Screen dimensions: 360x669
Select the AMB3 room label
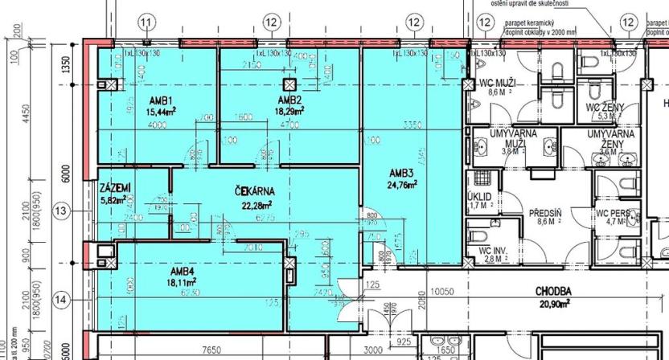(x=401, y=173)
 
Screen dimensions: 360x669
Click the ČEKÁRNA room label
(x=256, y=191)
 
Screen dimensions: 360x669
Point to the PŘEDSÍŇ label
(x=546, y=213)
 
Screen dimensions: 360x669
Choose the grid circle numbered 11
(x=146, y=22)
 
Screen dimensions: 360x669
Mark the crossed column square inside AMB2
(x=288, y=84)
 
